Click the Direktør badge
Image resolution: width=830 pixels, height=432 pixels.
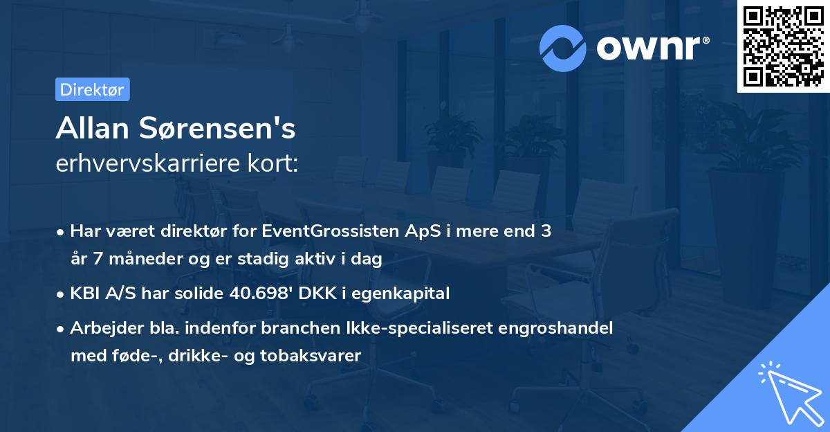(92, 89)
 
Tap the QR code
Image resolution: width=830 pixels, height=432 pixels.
(783, 46)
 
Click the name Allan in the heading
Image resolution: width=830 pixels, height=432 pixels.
(93, 128)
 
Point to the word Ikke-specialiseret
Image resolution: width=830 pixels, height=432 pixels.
(388, 328)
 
